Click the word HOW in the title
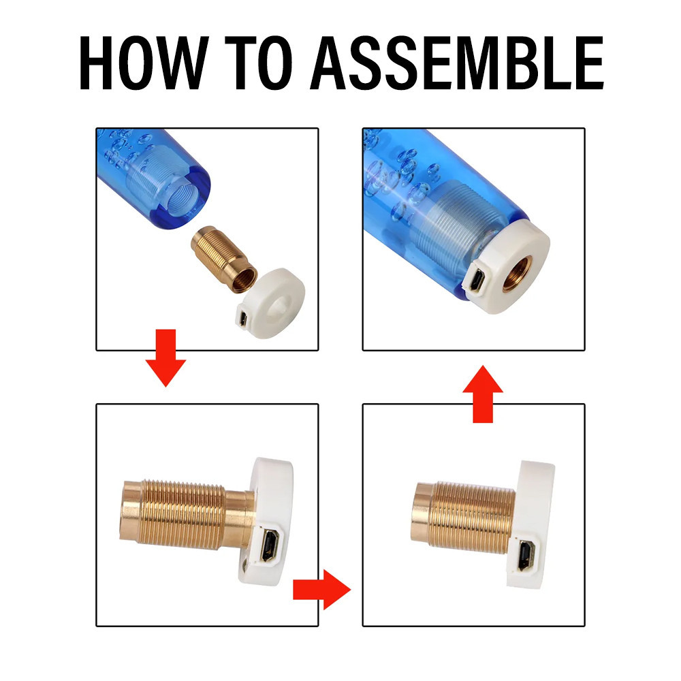tap(144, 63)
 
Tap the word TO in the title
tap(258, 63)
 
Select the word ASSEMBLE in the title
tap(456, 63)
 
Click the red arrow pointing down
tap(165, 358)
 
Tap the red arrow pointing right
tap(322, 589)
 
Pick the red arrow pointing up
tap(483, 394)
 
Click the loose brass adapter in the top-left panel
tap(224, 259)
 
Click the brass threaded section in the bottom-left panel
tap(183, 516)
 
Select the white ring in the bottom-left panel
tap(266, 521)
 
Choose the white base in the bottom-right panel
tap(530, 524)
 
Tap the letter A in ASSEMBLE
tap(328, 63)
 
